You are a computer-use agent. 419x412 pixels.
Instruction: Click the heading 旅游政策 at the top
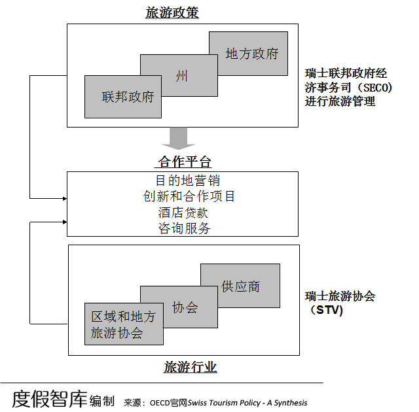[172, 12]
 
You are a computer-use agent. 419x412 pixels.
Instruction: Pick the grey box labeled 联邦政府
[123, 97]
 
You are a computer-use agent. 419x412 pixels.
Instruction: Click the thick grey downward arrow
[178, 138]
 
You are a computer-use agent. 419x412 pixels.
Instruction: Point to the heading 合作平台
[185, 162]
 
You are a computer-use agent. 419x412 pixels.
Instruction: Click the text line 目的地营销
[188, 180]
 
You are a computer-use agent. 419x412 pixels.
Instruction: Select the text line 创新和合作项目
[189, 196]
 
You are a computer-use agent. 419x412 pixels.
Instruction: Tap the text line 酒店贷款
[183, 213]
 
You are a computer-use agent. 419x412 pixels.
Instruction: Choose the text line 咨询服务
[185, 228]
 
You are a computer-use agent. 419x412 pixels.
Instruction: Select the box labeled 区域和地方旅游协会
[124, 324]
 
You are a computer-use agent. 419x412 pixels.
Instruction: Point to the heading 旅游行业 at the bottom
[191, 367]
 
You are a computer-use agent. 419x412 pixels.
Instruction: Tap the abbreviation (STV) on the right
[326, 310]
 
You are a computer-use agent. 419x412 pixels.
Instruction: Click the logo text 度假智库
[50, 399]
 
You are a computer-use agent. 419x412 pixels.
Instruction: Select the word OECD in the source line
[160, 403]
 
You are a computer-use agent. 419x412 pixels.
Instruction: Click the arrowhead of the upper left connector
[65, 199]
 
